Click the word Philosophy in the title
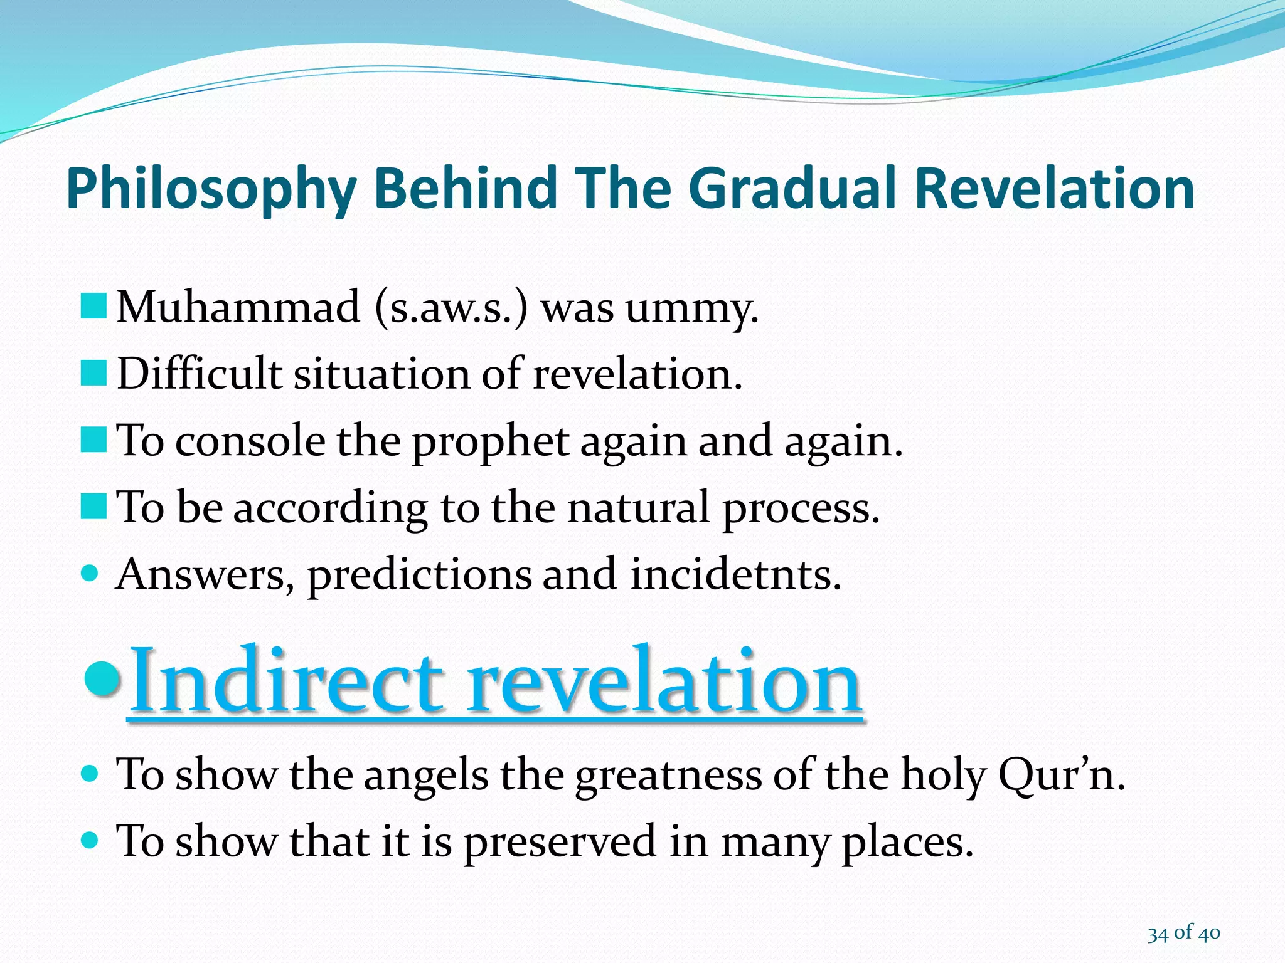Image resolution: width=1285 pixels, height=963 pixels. [x=211, y=189]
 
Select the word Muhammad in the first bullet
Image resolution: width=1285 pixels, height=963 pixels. [x=238, y=307]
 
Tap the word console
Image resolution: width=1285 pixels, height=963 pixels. [x=250, y=441]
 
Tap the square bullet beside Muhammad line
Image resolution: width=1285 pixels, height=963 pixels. [x=93, y=307]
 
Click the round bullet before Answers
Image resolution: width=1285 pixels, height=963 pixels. [x=90, y=572]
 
